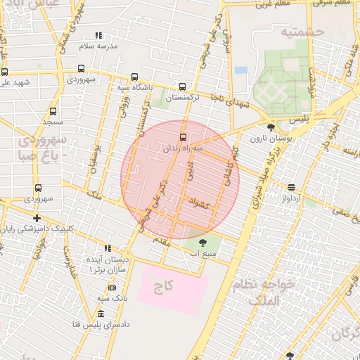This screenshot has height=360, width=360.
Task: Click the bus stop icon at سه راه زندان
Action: click(184, 137)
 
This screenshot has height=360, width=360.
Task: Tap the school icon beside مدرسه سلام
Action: click(99, 34)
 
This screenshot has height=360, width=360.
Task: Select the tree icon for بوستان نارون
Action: click(271, 128)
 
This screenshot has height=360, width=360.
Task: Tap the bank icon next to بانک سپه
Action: click(112, 288)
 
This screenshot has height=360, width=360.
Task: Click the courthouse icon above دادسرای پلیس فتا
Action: click(101, 314)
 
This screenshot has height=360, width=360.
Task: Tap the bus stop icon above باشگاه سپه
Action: click(134, 77)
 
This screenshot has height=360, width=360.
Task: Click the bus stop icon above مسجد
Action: click(53, 111)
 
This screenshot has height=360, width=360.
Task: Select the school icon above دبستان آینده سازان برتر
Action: click(108, 247)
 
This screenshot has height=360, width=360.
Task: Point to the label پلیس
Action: click(299, 120)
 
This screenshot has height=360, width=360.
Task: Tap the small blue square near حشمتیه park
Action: click(240, 70)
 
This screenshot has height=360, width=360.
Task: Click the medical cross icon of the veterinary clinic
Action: click(37, 218)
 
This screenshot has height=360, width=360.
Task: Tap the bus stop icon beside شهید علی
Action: click(5, 72)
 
